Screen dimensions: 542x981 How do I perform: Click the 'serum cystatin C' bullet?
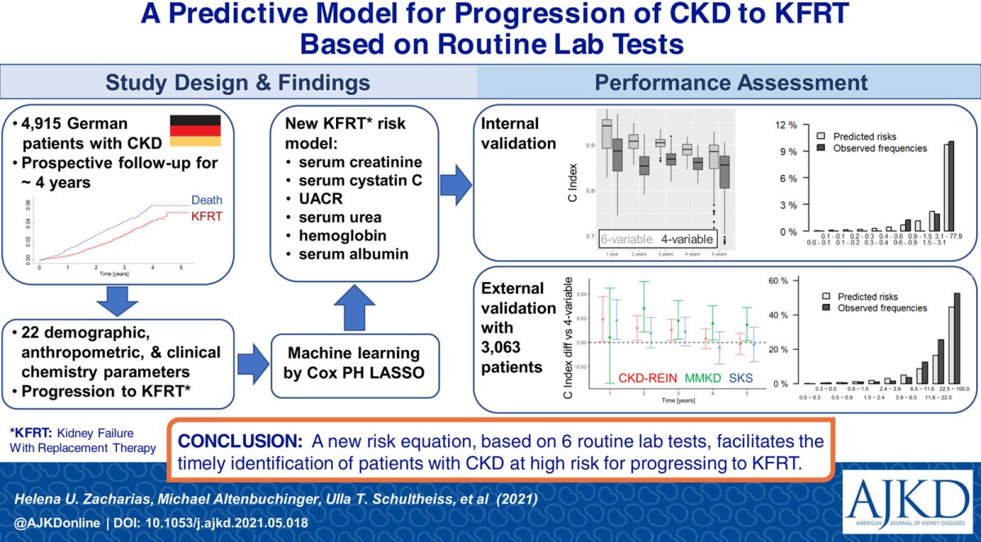click(361, 181)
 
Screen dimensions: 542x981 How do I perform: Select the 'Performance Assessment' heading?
click(731, 82)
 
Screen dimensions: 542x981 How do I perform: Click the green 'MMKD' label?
click(710, 379)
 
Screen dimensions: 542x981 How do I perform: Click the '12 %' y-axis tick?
click(786, 124)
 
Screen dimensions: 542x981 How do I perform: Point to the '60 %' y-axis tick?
click(786, 281)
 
